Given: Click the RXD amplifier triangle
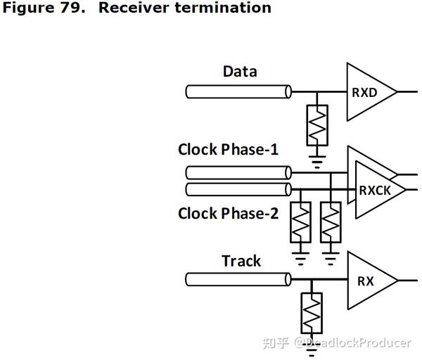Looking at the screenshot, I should [368, 91].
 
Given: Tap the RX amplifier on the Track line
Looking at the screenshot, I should [367, 281].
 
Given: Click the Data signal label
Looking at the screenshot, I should [240, 72].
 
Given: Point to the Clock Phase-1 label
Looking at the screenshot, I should [228, 149].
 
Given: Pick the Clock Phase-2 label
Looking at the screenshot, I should [228, 213].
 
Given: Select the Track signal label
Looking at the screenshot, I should [241, 261].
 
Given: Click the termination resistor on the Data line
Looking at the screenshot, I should [318, 125].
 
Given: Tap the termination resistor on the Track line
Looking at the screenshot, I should [312, 313].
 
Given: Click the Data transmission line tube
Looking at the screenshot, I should [238, 91].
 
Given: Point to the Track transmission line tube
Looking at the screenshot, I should [238, 281].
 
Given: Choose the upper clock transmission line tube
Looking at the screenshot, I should [238, 172].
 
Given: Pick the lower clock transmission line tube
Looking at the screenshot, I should [238, 189].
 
